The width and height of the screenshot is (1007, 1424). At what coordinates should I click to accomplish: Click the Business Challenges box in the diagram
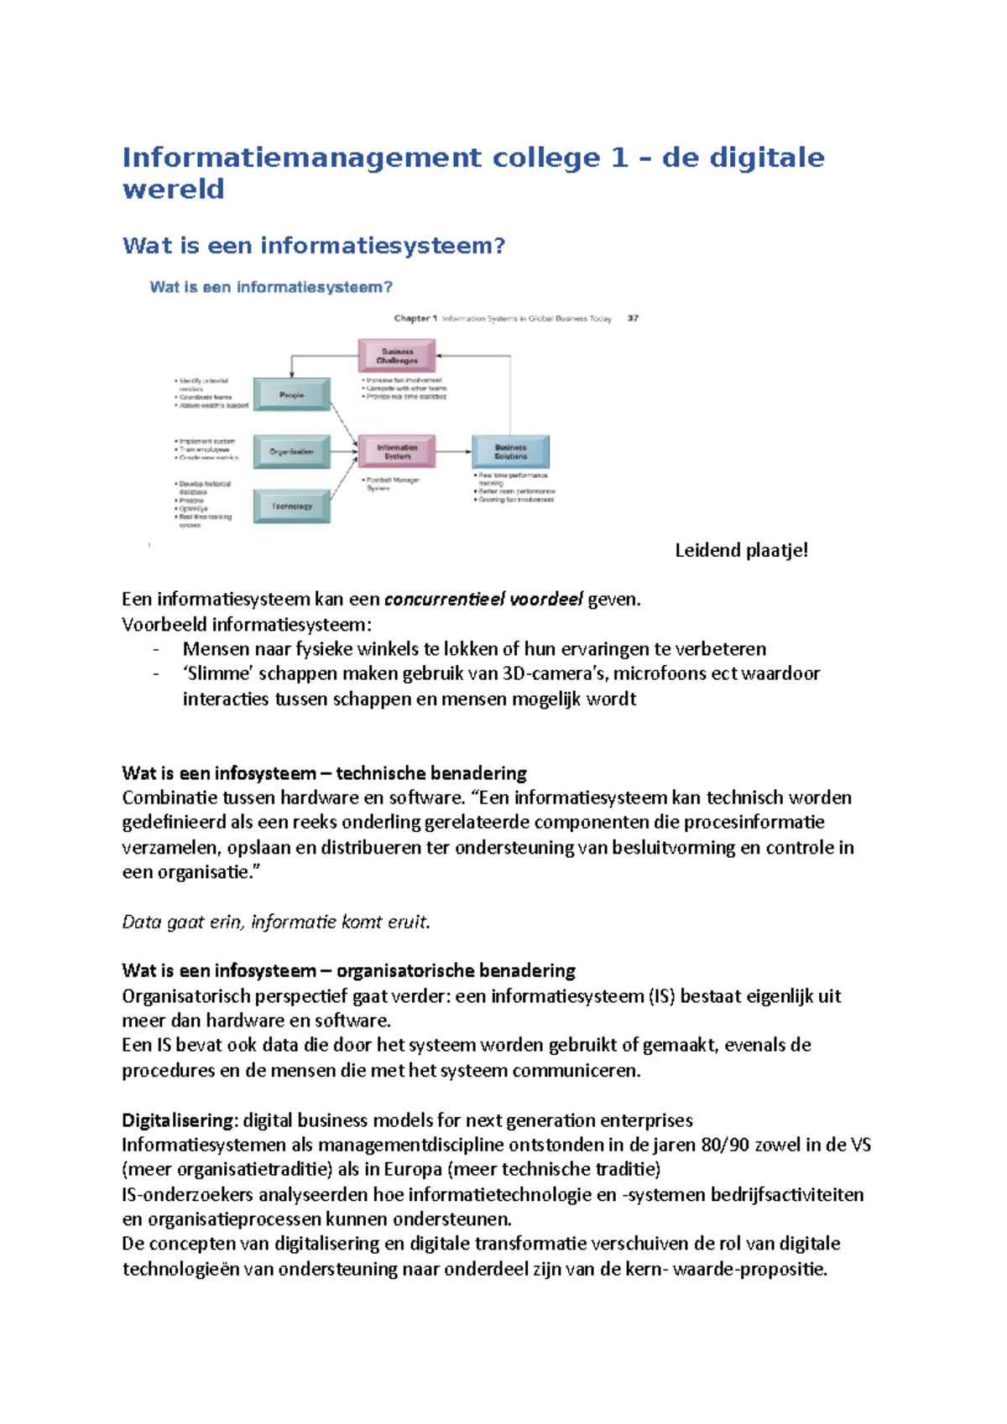pyautogui.click(x=397, y=356)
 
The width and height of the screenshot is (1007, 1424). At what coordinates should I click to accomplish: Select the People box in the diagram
pyautogui.click(x=292, y=394)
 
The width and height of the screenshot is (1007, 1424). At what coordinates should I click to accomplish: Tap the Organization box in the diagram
pyautogui.click(x=292, y=451)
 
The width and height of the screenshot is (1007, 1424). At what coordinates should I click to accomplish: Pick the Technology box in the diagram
pyautogui.click(x=292, y=507)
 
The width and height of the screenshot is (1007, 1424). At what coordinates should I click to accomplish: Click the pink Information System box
pyautogui.click(x=397, y=452)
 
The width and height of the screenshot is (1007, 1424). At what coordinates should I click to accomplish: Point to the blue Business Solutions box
pyautogui.click(x=510, y=452)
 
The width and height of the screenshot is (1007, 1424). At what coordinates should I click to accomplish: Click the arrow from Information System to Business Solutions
pyautogui.click(x=454, y=452)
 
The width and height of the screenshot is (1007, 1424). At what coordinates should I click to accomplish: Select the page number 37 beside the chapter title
pyautogui.click(x=633, y=319)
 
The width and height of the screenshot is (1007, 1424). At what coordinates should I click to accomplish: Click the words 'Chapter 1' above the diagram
pyautogui.click(x=415, y=319)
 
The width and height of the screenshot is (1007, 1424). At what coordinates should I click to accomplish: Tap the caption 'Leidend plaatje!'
pyautogui.click(x=741, y=551)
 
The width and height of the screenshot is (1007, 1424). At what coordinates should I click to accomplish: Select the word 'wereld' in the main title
pyautogui.click(x=174, y=190)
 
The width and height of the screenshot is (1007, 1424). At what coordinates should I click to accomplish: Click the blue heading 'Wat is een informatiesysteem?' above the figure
pyautogui.click(x=314, y=246)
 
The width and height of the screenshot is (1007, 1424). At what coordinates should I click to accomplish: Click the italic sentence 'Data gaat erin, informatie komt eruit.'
pyautogui.click(x=276, y=922)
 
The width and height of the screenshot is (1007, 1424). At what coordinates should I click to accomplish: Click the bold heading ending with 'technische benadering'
pyautogui.click(x=324, y=773)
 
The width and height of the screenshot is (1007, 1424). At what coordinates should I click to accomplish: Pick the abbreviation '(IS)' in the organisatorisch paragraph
pyautogui.click(x=661, y=996)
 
